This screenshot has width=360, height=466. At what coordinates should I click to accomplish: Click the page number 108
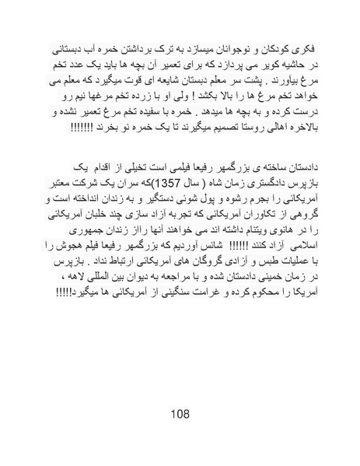point(180,414)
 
